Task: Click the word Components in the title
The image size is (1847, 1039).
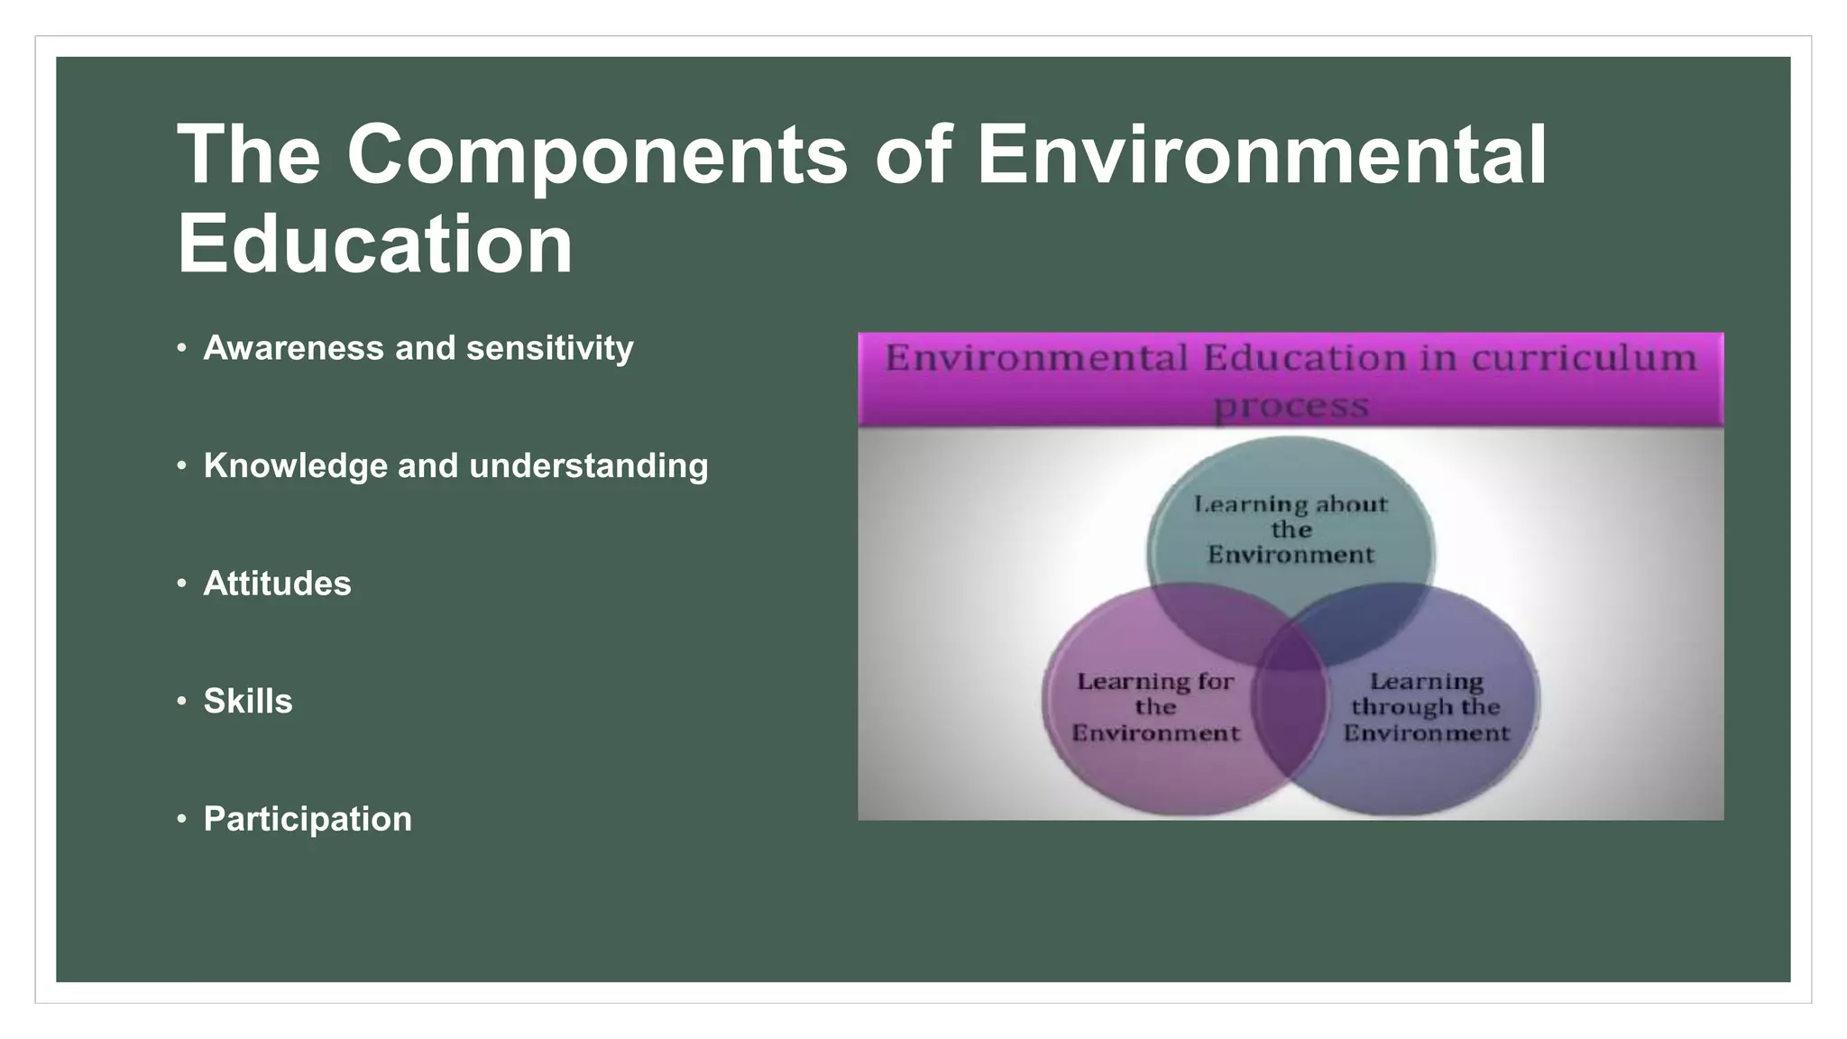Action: tap(596, 155)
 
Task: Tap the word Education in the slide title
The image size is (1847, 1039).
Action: tap(374, 244)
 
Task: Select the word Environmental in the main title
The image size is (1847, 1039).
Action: tap(1262, 155)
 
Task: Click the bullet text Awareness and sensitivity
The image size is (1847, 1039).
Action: tap(418, 348)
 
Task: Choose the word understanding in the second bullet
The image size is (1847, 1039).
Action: tap(589, 466)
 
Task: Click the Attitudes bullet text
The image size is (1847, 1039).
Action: tap(277, 584)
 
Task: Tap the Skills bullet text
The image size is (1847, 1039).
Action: tap(248, 702)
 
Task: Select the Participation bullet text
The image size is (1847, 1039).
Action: tap(308, 819)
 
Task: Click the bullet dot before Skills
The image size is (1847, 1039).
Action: tap(182, 701)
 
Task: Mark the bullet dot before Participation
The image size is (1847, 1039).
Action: tap(182, 819)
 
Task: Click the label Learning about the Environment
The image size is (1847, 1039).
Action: tap(1291, 529)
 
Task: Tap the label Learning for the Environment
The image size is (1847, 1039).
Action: tap(1155, 707)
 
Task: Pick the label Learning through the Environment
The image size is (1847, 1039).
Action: tap(1426, 707)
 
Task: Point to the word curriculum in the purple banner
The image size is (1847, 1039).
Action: tap(1585, 358)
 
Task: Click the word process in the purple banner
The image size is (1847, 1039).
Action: tap(1291, 405)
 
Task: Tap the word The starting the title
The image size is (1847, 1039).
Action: tap(248, 155)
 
